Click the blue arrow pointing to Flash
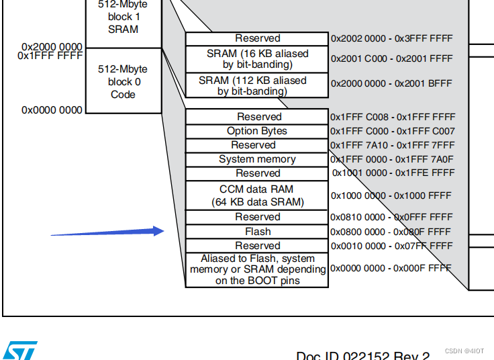[107, 232]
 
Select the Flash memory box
[257, 232]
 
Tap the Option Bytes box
[257, 131]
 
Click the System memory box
[257, 159]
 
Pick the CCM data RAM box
[257, 195]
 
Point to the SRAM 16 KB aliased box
[257, 59]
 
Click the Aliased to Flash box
[257, 269]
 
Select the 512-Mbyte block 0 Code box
[123, 81]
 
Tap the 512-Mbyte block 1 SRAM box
[123, 17]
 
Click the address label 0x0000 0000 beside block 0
[52, 110]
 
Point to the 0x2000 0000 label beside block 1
[52, 47]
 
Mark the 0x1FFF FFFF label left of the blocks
[50, 56]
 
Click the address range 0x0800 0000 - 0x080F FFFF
[391, 232]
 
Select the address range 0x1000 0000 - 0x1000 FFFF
[391, 195]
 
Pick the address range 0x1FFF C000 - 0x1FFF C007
[392, 131]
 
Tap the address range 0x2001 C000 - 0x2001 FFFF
[391, 59]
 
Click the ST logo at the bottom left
[20, 351]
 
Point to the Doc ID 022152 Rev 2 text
[362, 355]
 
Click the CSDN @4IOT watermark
[464, 351]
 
